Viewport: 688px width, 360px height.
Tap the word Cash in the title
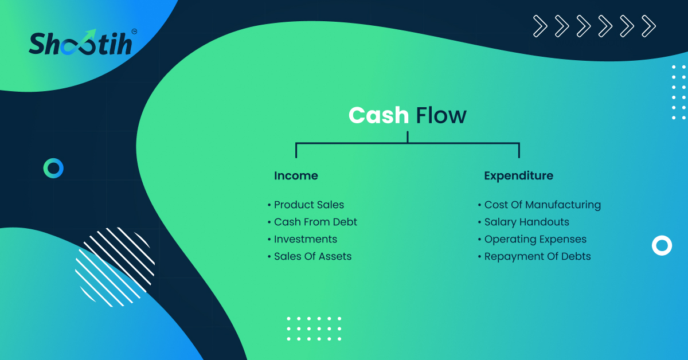(378, 115)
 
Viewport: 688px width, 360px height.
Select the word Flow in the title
(441, 115)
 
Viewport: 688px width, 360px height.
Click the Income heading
(296, 175)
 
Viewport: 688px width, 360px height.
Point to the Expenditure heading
(518, 176)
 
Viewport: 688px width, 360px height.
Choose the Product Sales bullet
(306, 205)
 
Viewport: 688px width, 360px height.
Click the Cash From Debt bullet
(312, 222)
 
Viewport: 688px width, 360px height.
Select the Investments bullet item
(303, 239)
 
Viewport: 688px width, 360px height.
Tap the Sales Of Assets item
(310, 256)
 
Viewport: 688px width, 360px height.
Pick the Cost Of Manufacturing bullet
(540, 205)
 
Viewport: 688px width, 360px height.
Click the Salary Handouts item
(523, 222)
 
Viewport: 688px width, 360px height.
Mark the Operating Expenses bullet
(532, 239)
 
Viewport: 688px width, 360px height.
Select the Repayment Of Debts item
(534, 256)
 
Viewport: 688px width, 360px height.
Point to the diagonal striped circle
(115, 267)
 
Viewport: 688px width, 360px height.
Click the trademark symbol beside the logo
(134, 32)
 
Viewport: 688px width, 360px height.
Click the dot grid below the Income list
(314, 328)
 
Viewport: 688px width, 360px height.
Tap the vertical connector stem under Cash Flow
(408, 137)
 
